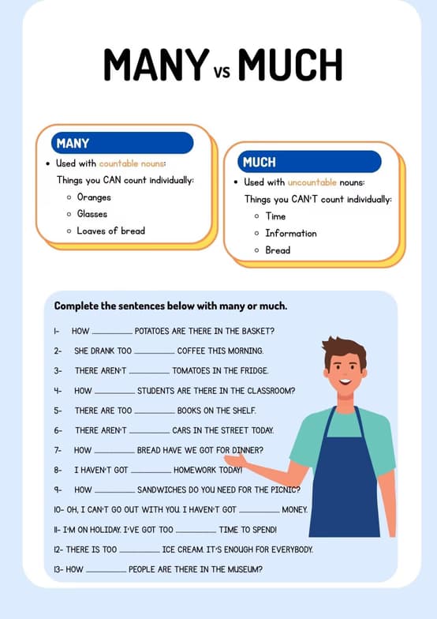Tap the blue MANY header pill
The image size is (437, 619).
(x=122, y=143)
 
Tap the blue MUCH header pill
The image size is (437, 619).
(x=309, y=162)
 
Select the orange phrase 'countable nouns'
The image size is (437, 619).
(x=132, y=163)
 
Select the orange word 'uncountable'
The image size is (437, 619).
(x=312, y=182)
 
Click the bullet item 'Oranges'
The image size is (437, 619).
(x=94, y=197)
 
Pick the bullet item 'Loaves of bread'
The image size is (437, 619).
(x=110, y=231)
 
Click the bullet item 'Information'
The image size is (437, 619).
(x=290, y=233)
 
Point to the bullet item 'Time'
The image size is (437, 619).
(x=275, y=216)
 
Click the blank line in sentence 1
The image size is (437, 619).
(x=113, y=332)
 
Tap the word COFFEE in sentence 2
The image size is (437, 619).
(x=192, y=351)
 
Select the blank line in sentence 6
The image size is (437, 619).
(x=148, y=431)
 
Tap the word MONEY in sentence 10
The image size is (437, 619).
(x=294, y=510)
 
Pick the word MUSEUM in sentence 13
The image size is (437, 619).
(x=243, y=569)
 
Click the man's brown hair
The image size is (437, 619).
(x=345, y=350)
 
